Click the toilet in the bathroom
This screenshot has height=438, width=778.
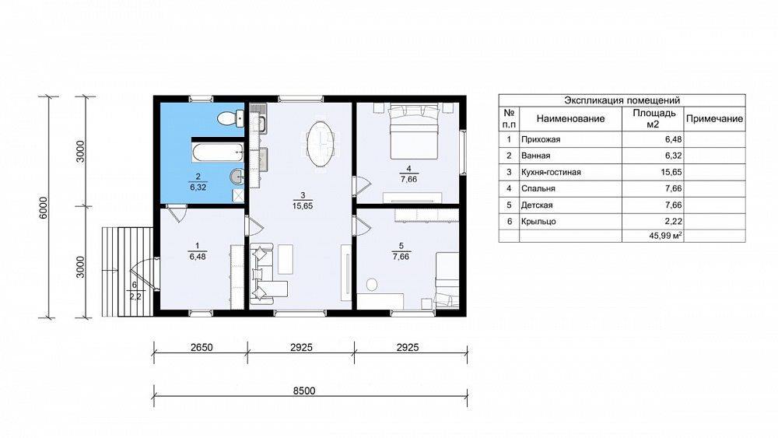click(x=230, y=118)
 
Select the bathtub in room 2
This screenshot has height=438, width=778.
click(x=218, y=152)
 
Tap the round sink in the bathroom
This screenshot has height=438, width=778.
click(x=237, y=176)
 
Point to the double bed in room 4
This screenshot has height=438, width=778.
click(x=413, y=130)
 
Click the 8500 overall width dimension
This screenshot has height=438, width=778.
click(x=304, y=391)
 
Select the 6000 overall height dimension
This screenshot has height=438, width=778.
click(x=44, y=208)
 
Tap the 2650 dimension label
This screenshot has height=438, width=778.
click(x=202, y=347)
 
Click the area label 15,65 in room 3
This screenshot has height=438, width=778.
click(x=302, y=205)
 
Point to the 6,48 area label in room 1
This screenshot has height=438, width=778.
click(x=198, y=257)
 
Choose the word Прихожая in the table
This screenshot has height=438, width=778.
click(x=541, y=139)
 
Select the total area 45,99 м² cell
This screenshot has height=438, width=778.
click(x=665, y=236)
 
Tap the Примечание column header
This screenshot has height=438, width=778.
click(x=714, y=118)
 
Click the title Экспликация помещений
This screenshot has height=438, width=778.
click(x=622, y=100)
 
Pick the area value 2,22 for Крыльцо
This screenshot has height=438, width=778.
click(x=674, y=221)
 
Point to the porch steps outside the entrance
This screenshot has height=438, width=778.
click(x=127, y=272)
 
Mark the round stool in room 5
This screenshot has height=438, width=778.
click(x=371, y=284)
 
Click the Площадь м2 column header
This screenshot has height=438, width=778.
click(x=654, y=118)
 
